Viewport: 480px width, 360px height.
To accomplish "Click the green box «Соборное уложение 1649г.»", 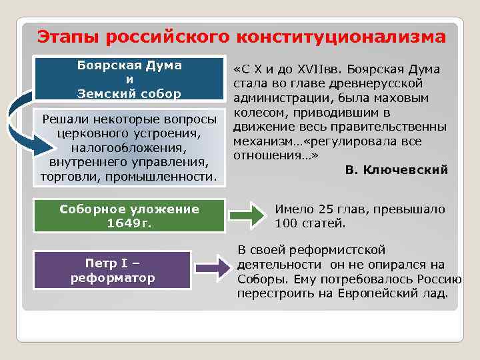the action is (129, 216).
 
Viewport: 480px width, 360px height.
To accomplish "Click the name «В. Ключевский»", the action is (396, 171).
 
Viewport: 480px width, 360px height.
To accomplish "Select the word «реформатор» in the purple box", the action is (113, 277).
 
